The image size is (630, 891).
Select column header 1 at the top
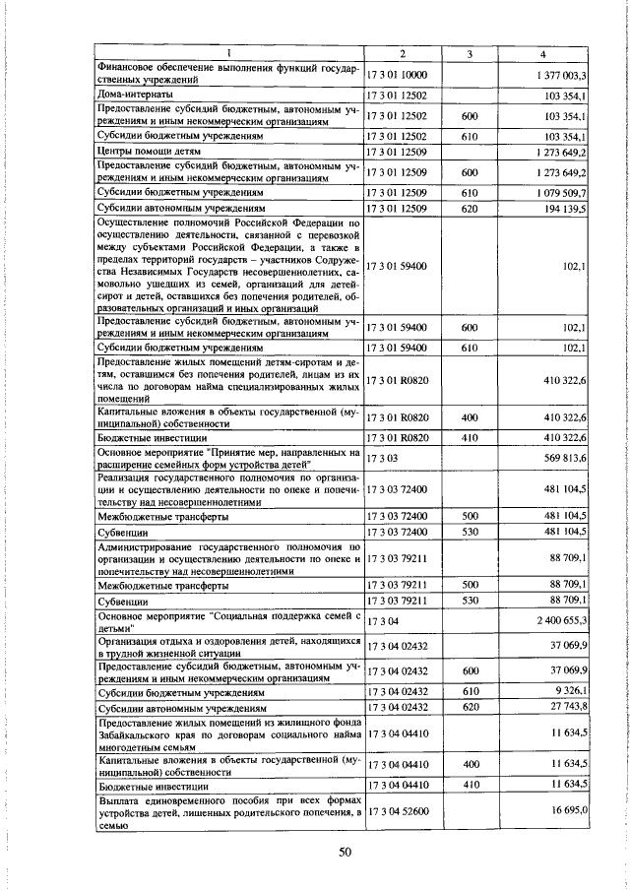[x=228, y=52]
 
